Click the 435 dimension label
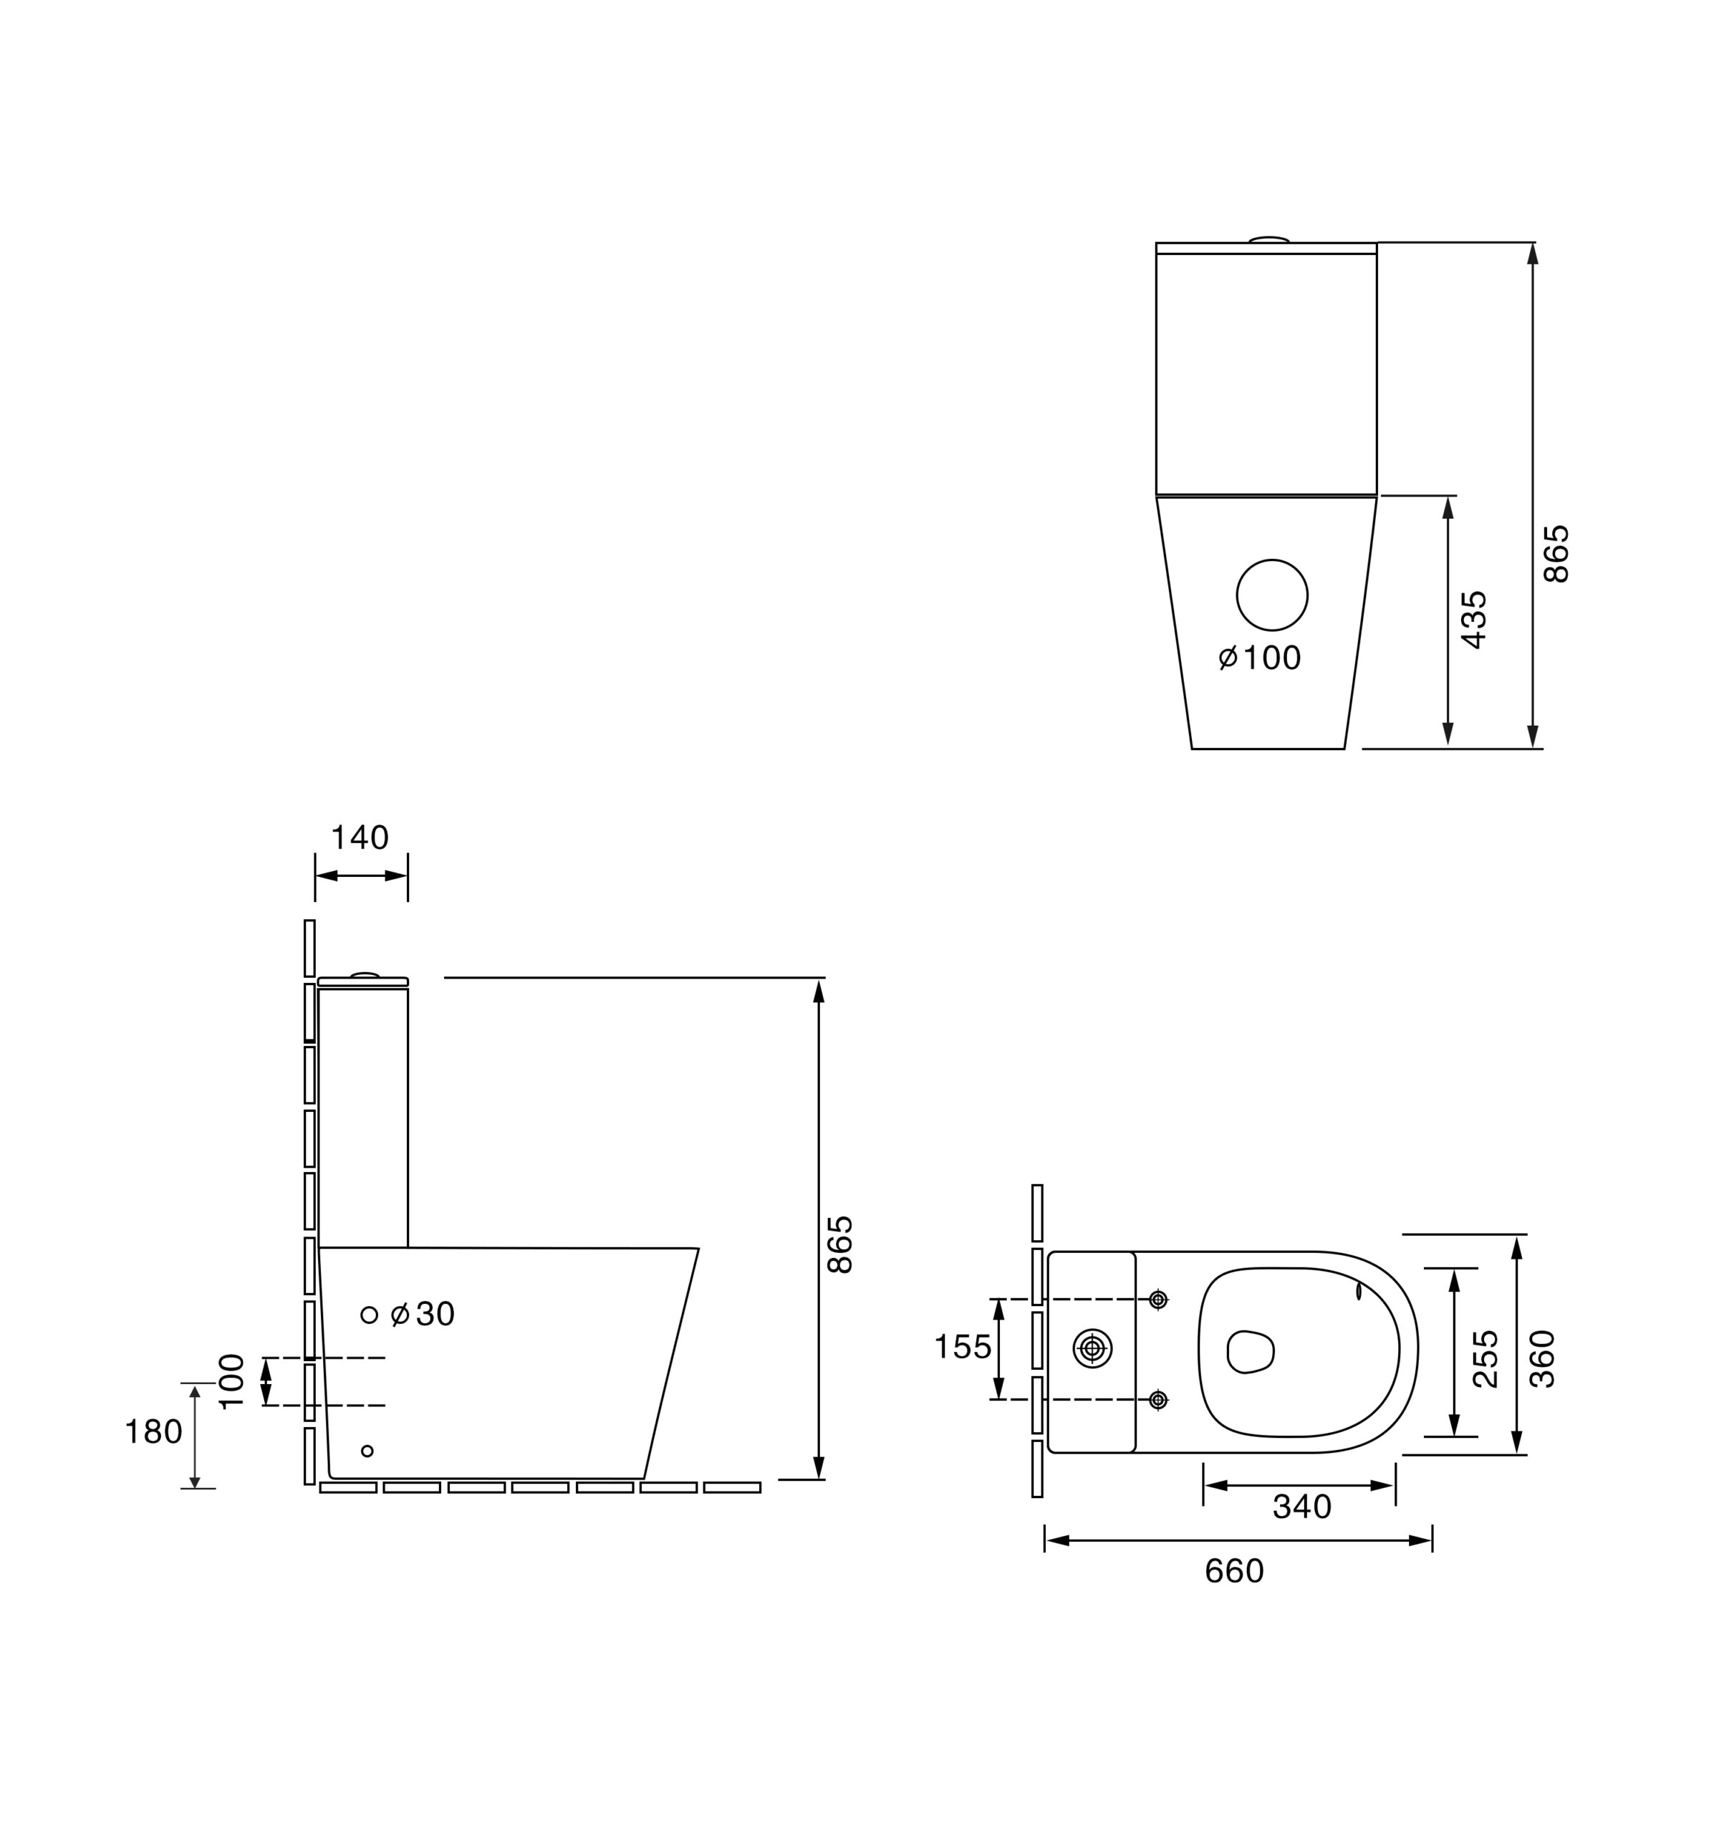[x=1475, y=620]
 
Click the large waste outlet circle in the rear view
[x=1272, y=595]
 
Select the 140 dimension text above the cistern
[x=360, y=837]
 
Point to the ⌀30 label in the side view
[x=423, y=1315]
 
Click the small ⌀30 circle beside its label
[x=369, y=1315]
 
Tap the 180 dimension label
[x=153, y=1432]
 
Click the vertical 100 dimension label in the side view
[x=231, y=1381]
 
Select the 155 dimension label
[x=963, y=1347]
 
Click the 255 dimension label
[x=1486, y=1359]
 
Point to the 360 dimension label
[x=1542, y=1359]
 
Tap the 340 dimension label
[x=1301, y=1507]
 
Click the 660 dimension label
[x=1234, y=1571]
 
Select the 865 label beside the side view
[x=839, y=1245]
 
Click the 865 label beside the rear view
[x=1556, y=554]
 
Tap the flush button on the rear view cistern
[x=1269, y=240]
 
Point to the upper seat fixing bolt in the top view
[x=1159, y=1300]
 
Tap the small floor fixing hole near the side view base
[x=367, y=1451]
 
